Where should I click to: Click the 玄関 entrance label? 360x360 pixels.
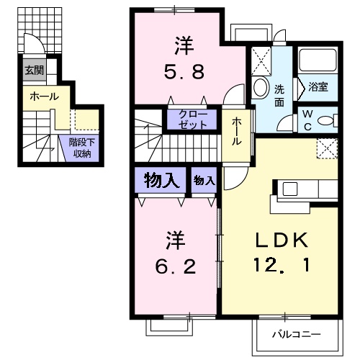coord(35,71)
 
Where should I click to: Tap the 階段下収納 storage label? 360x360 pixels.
coord(82,148)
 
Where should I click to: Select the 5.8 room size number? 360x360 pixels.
coord(184,71)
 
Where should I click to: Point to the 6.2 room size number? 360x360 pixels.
coord(176,266)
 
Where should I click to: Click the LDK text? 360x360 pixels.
coord(282,240)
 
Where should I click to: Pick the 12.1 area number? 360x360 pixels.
coord(282,265)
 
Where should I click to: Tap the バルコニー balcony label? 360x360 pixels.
coord(297,334)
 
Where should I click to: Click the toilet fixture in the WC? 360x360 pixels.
coord(328,120)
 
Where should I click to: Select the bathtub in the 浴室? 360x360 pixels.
coord(318,60)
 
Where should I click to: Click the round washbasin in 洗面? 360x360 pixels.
coord(261,87)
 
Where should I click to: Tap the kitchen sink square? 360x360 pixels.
coord(290,189)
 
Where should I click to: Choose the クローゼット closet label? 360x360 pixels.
coord(193,120)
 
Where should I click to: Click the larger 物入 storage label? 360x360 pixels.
coord(161,181)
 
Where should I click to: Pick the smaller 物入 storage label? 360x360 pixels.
coord(204,181)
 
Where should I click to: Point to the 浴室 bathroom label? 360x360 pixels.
coord(318,86)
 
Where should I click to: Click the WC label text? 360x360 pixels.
coord(307,120)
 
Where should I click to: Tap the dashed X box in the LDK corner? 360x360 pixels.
coord(328,148)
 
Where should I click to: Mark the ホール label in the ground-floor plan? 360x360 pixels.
coord(45,96)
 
